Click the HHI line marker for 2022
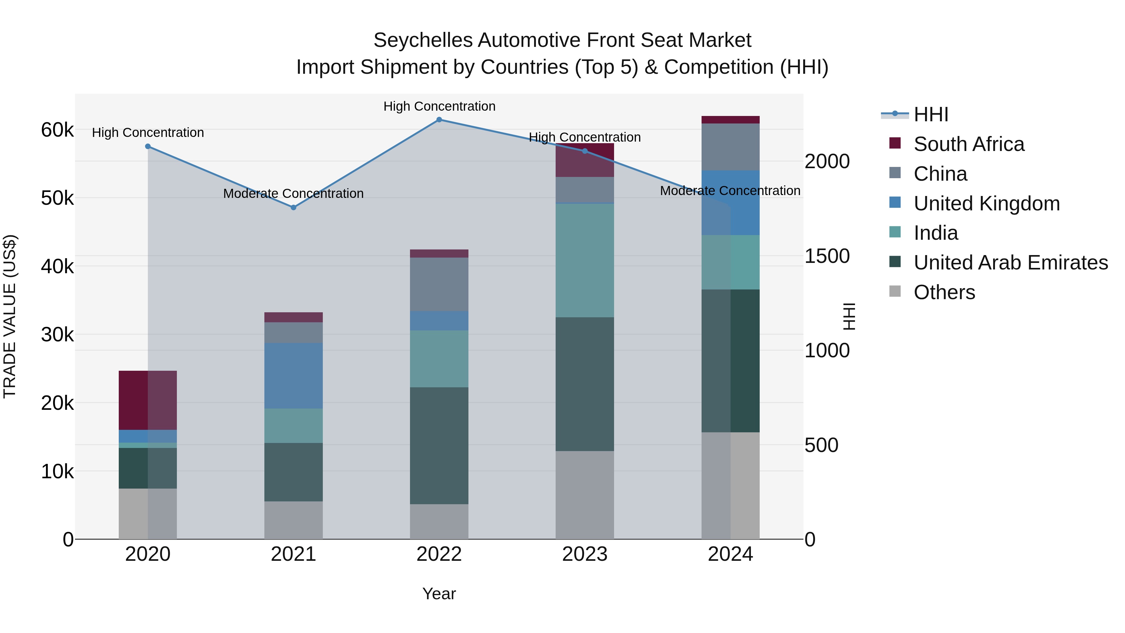439,120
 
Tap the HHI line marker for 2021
293,208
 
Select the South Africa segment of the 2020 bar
147,400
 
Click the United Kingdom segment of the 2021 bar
293,376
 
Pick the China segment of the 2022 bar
439,284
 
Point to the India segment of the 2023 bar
584,261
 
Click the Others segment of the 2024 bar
730,486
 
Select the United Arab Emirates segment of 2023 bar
584,384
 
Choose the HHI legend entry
930,114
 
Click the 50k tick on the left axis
57,198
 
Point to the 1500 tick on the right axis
827,256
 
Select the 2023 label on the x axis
584,554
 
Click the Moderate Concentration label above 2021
293,193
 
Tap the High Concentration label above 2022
439,106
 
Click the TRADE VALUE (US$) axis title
10,316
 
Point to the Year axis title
439,594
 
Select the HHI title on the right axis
848,316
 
